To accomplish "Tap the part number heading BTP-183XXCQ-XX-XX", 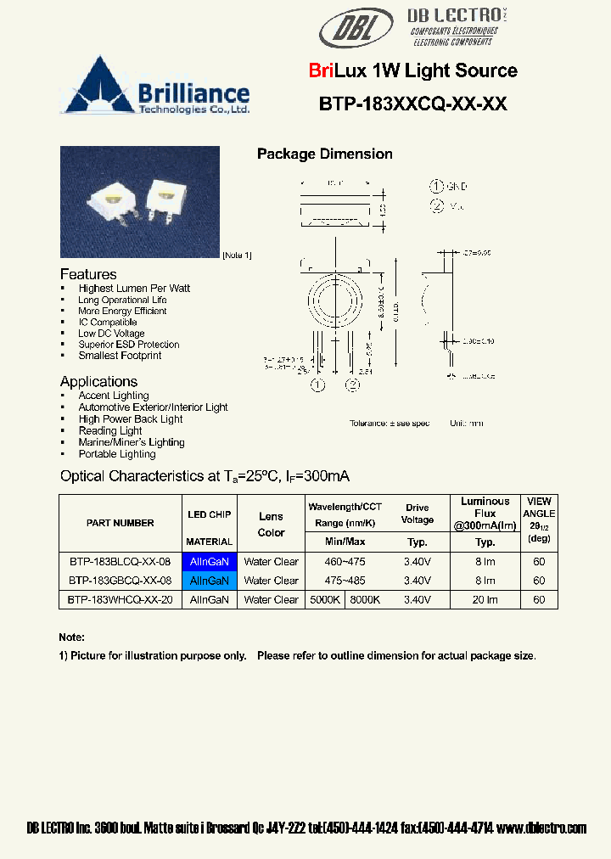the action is [x=412, y=104].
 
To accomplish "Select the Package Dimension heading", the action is [x=324, y=154].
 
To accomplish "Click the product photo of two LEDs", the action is [x=139, y=201].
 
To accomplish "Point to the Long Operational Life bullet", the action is [x=122, y=300].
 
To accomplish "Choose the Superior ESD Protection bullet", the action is [x=128, y=345].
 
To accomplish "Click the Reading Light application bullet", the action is [x=110, y=430].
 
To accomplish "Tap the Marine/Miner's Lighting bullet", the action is [x=131, y=442].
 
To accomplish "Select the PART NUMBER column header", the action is [x=120, y=523].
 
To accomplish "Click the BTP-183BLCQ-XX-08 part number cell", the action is [x=120, y=562].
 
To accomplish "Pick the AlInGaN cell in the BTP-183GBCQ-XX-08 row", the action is [x=209, y=581].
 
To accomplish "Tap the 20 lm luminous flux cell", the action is [x=485, y=599].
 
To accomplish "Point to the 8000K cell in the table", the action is [x=365, y=599].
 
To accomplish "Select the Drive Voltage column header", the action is [x=417, y=514].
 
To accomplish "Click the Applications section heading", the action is [x=98, y=382].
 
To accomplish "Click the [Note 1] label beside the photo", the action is [x=237, y=255].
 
